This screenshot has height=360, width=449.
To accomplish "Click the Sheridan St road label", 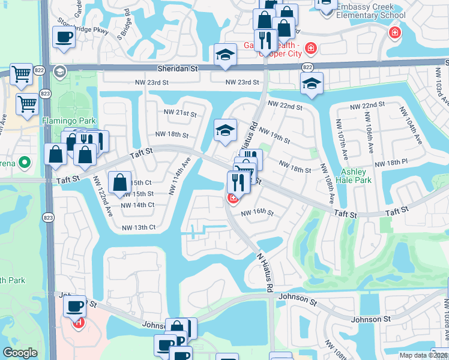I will click(x=177, y=69).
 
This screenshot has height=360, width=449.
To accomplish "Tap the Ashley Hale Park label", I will click(x=354, y=175).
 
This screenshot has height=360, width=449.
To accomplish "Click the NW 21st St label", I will click(x=180, y=113).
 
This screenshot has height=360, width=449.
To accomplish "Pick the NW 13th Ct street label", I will click(x=139, y=227).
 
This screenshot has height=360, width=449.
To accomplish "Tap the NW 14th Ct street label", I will click(x=137, y=205).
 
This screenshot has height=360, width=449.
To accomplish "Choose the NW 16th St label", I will click(x=257, y=213).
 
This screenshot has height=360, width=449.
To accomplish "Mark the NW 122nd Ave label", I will click(x=102, y=195).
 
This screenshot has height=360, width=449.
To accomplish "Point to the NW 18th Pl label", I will click(x=391, y=163).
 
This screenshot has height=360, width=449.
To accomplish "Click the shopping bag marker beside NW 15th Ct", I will click(x=120, y=181).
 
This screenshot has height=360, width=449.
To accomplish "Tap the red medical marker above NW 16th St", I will click(x=232, y=197).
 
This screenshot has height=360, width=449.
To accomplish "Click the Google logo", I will click(x=20, y=353).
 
